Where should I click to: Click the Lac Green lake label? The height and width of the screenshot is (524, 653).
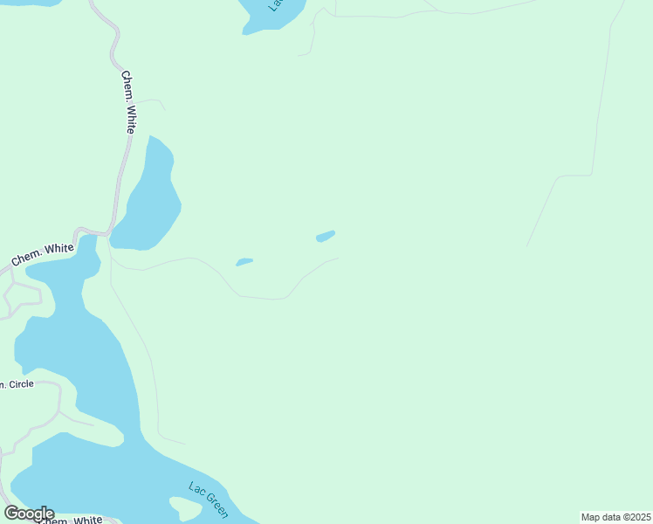click(x=209, y=499)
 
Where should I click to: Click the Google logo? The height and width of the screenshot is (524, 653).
click(x=29, y=514)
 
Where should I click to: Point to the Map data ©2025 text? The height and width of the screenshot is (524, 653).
click(x=615, y=517)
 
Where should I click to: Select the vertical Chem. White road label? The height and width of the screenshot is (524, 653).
click(x=128, y=101)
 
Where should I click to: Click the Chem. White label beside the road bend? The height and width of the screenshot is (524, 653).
click(x=43, y=254)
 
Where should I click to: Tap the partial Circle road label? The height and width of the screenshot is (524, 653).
click(x=17, y=383)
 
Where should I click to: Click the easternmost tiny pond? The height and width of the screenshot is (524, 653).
click(x=325, y=236)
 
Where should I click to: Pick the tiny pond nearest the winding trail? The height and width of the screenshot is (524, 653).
click(x=244, y=261)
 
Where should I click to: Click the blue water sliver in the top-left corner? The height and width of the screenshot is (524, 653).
click(x=35, y=3)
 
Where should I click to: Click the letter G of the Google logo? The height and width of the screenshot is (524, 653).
click(x=12, y=514)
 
